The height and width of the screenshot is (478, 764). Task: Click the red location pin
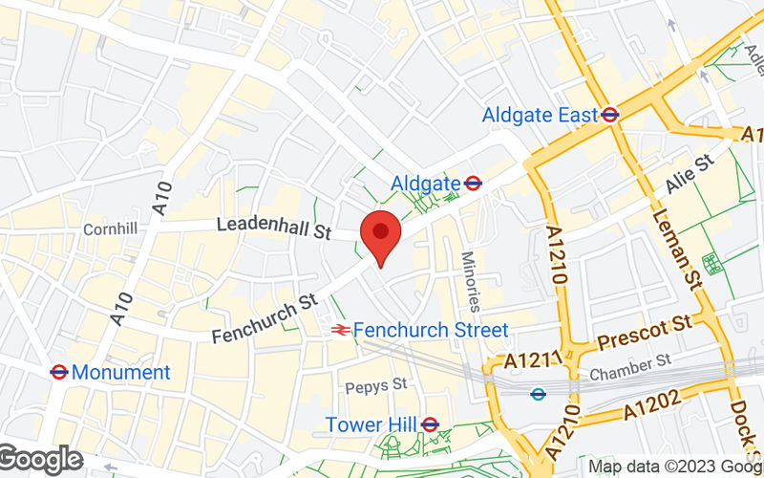[380, 235]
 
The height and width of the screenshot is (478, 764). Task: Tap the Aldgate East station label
[540, 115]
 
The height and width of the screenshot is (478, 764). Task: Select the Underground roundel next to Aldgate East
[610, 115]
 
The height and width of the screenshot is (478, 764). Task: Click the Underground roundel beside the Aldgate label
[473, 182]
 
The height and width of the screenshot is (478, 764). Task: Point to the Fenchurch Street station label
[430, 330]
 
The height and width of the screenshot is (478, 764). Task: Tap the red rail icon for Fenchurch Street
[339, 330]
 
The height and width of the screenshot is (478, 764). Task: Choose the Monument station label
[120, 372]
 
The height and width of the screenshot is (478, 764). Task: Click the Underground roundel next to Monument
[58, 372]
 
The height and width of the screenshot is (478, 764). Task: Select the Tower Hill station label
[371, 424]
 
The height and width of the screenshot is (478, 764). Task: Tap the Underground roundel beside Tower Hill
[430, 424]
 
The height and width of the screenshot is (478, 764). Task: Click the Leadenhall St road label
[273, 228]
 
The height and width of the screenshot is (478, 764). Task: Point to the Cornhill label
[111, 229]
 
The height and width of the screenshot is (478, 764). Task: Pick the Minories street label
[471, 281]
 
